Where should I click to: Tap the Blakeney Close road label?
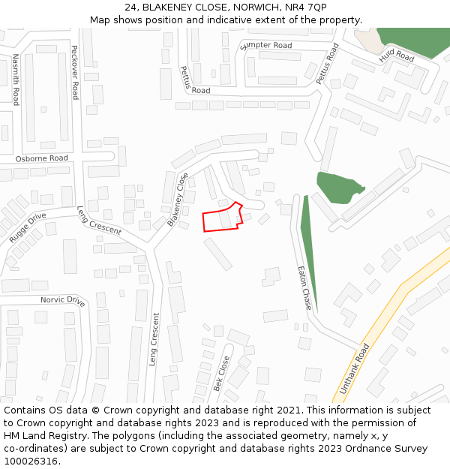tap(178, 200)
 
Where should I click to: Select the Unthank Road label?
tap(355, 370)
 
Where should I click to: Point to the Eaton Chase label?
tap(304, 289)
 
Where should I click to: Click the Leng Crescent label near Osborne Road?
tap(99, 221)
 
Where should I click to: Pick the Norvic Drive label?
tap(63, 300)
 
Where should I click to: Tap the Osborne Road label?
tap(42, 158)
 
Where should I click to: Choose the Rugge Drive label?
tap(28, 228)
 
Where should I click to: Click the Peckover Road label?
tap(74, 71)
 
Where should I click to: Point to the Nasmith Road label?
tap(15, 80)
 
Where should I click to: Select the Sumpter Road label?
tap(265, 46)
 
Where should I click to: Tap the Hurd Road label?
tap(396, 55)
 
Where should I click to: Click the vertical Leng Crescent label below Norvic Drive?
tap(154, 339)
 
